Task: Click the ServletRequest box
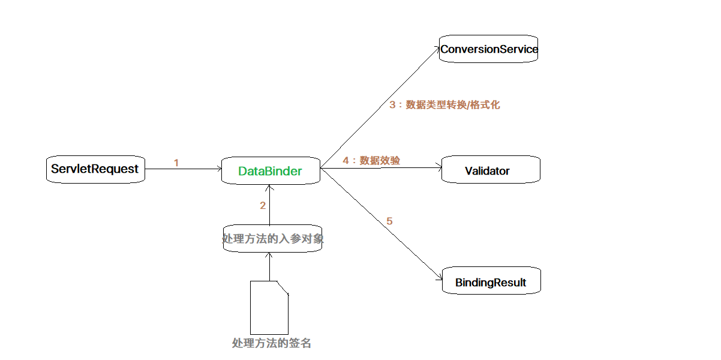[95, 169]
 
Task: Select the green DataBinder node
[270, 171]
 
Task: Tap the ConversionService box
[488, 49]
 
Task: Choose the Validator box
[491, 170]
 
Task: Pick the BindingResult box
[491, 282]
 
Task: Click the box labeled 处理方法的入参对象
[272, 239]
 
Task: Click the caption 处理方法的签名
[272, 343]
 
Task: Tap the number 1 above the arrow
[176, 163]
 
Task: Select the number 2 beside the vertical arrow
[263, 205]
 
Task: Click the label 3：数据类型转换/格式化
[444, 105]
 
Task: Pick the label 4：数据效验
[371, 160]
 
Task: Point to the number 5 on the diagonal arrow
[389, 221]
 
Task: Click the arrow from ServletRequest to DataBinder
[183, 169]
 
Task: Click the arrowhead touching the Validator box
[438, 169]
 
